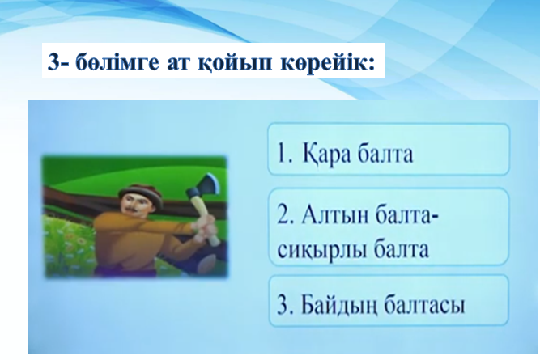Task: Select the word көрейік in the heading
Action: coord(324,64)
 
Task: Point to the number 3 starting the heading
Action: coord(54,62)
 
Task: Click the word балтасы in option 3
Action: coord(424,305)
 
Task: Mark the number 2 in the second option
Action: coord(284,215)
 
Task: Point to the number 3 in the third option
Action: coord(284,304)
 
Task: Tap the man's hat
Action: coord(140,193)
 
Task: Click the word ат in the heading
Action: coord(178,64)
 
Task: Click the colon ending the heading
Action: coord(372,65)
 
